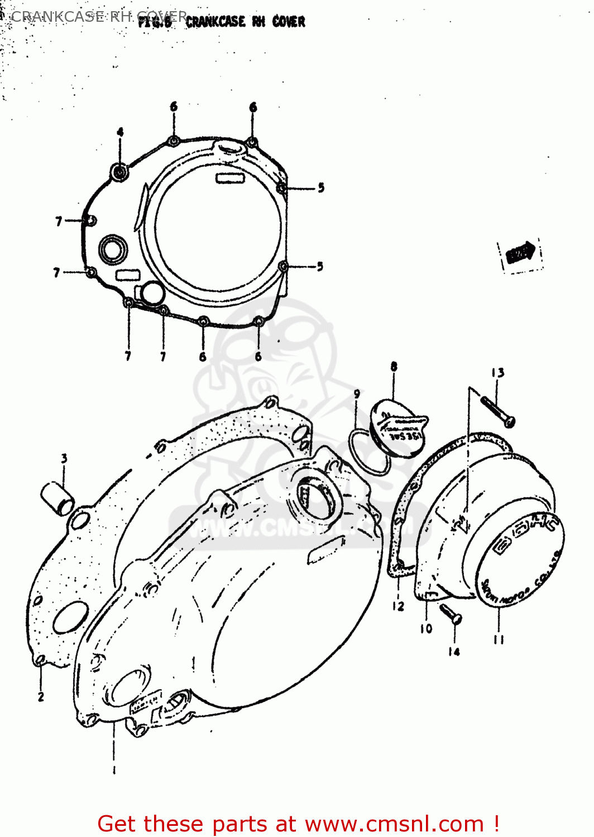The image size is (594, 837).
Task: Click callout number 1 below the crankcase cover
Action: pos(114,771)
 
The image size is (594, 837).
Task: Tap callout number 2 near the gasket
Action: pos(41,696)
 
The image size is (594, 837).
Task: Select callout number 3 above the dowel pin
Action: pos(64,458)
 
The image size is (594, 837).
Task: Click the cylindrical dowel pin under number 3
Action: pos(58,498)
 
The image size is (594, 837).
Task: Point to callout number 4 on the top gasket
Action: pos(120,132)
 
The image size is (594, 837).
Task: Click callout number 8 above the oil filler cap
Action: pos(394,367)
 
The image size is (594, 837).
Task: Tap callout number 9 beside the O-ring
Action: pos(357,394)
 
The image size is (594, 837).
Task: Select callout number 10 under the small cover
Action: pos(426,628)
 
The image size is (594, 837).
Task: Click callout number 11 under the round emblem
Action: pos(499,639)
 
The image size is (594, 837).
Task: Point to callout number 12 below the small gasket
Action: pos(397,606)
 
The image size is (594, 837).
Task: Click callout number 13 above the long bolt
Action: pos(497,373)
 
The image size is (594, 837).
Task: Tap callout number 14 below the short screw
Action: pos(454,651)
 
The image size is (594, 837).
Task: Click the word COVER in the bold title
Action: pos(289,22)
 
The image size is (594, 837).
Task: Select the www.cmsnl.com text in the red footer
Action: pos(394,824)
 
